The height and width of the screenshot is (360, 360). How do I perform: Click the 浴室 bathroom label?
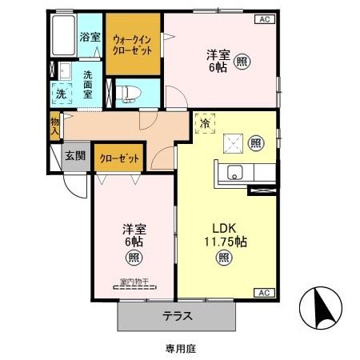90,37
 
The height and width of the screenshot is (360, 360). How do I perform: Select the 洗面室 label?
88,83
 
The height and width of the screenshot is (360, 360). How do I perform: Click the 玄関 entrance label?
75,157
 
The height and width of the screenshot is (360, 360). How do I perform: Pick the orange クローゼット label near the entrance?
119,158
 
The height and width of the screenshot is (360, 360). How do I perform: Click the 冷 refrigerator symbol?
205,124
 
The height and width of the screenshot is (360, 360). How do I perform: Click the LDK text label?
224,225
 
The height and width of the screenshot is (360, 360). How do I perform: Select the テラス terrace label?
178,315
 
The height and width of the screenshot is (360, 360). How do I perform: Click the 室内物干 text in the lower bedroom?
134,282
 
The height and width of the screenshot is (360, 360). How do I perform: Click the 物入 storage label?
54,125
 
